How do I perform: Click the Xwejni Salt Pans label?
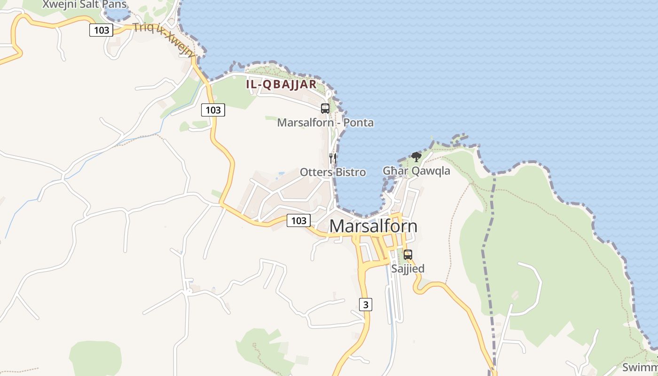point(84,5)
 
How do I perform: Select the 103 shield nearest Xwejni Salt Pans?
point(101,31)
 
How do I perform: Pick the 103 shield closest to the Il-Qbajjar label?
point(213,110)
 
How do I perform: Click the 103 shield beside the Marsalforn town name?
point(298,220)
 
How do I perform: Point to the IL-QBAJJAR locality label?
point(281,85)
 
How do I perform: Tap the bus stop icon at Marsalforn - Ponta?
point(325,109)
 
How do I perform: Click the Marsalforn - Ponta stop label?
point(325,123)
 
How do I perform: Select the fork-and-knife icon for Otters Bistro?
point(333,158)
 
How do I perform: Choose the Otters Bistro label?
point(333,172)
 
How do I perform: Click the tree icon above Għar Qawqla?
point(416,157)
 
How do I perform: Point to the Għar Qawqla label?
point(416,171)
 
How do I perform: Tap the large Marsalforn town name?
point(373,226)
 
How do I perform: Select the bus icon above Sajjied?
point(408,255)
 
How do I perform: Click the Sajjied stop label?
point(408,269)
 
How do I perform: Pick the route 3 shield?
point(366,305)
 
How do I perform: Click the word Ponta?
point(359,123)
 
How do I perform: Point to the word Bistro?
point(350,172)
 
